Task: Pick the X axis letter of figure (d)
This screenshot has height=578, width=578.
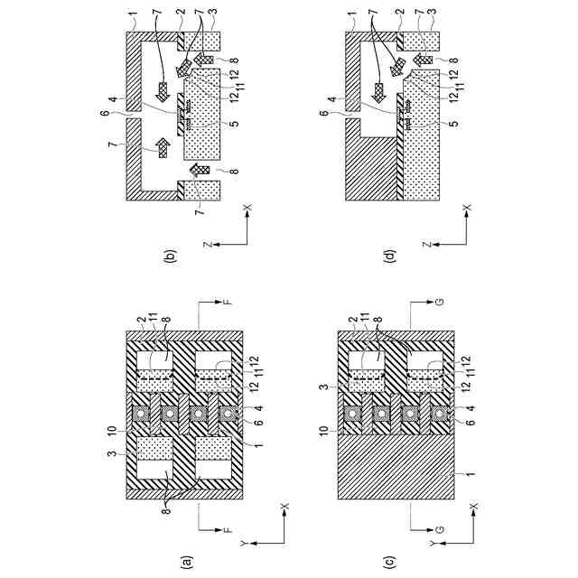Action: (467, 208)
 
